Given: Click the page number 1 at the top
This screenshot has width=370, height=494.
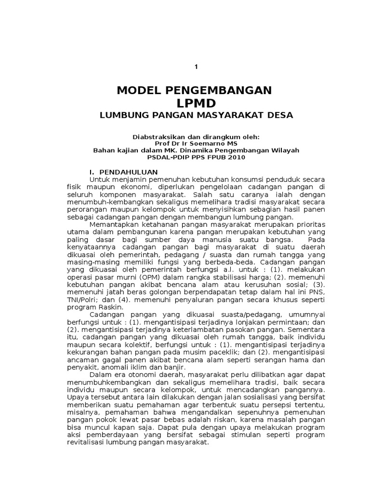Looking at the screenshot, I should (196, 67).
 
